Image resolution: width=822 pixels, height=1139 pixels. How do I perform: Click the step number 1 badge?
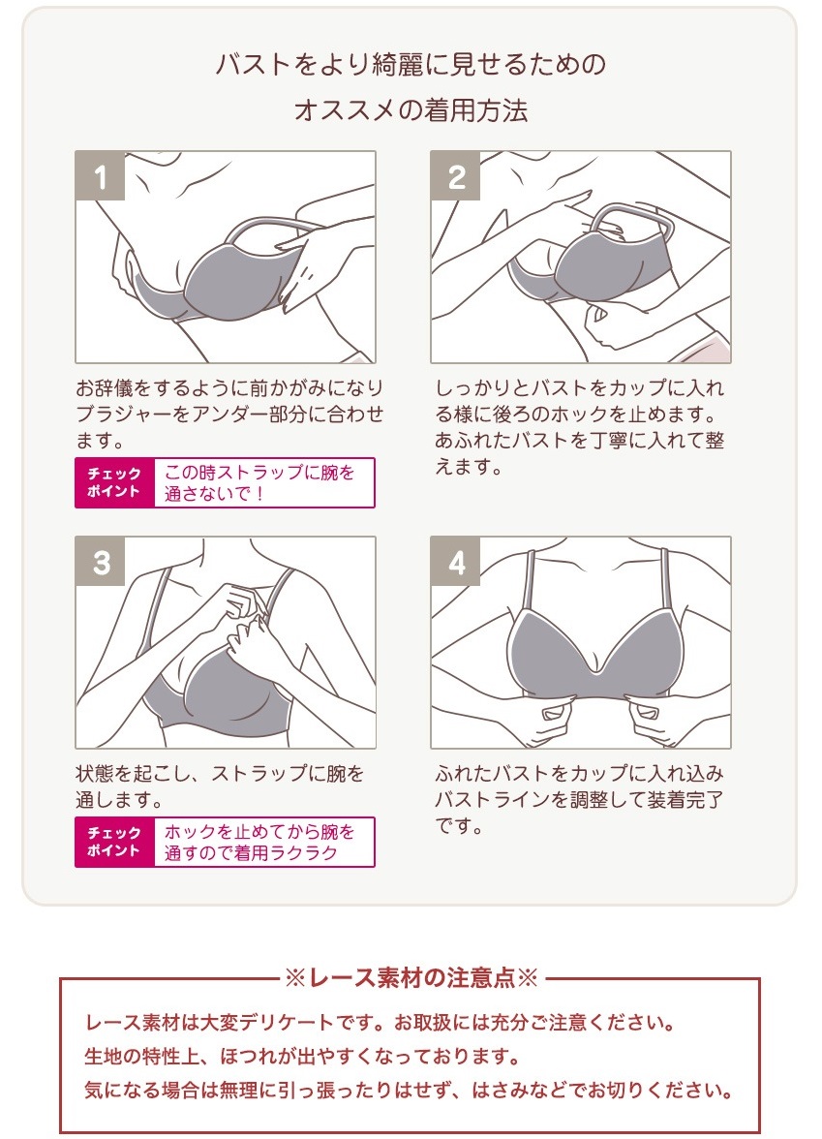(101, 176)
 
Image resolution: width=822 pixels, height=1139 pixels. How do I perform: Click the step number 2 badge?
(455, 176)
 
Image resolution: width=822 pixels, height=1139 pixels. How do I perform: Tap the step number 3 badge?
(101, 562)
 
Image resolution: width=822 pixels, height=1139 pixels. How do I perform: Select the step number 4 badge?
(455, 562)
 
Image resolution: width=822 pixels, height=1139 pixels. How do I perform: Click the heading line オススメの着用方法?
(411, 110)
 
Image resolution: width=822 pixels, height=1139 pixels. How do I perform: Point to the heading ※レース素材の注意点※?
(411, 978)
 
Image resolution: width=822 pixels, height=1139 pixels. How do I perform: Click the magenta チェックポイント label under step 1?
(114, 482)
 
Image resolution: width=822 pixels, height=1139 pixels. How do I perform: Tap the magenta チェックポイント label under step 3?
(114, 842)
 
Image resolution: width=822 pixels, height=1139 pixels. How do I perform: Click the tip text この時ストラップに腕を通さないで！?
(259, 482)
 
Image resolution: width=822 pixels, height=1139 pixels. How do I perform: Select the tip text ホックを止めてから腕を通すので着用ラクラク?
(259, 842)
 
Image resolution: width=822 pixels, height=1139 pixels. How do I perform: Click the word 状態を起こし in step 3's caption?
(134, 774)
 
